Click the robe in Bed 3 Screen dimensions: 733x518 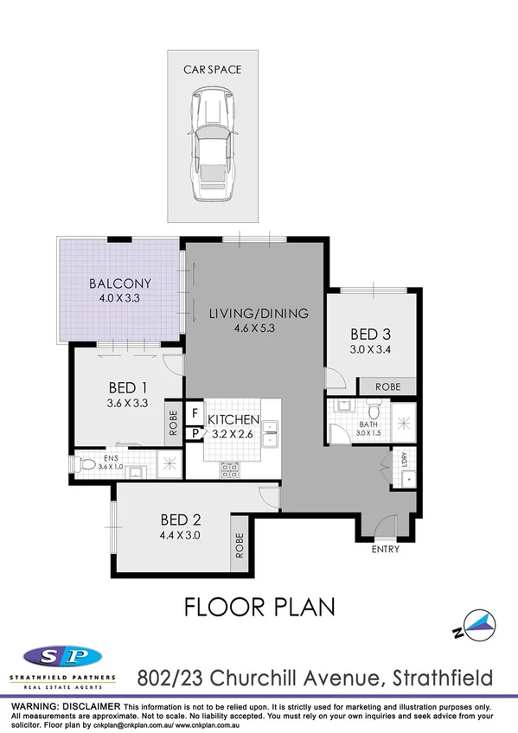tap(381, 387)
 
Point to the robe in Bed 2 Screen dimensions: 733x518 tap(240, 545)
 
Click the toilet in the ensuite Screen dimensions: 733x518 tap(87, 464)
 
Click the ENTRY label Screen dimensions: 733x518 tap(384, 550)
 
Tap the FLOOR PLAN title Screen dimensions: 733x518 tap(259, 606)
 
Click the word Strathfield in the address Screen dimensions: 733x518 tap(442, 675)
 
